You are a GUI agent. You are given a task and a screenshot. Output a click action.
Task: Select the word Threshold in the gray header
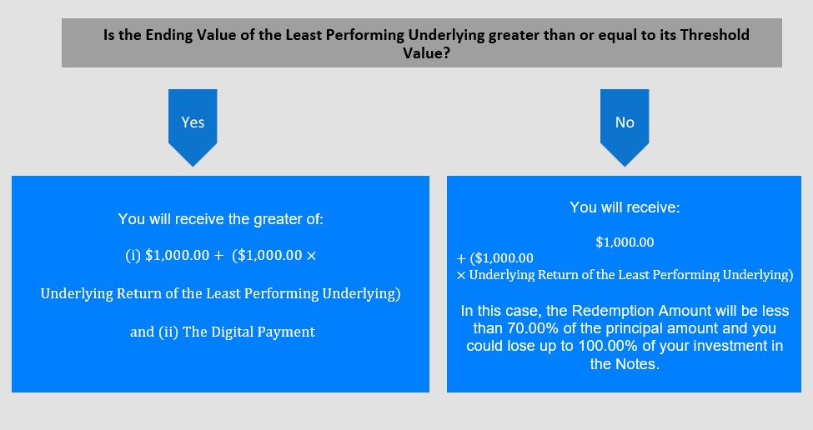click(715, 35)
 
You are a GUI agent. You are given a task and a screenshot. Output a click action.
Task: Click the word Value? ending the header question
click(427, 52)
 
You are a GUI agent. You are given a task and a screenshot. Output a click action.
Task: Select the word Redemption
click(610, 311)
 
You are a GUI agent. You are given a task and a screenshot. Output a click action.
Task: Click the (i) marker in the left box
click(133, 255)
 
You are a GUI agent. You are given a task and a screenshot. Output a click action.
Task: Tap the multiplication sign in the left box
click(311, 256)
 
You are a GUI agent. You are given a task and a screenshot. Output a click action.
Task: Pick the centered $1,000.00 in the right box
click(625, 242)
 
